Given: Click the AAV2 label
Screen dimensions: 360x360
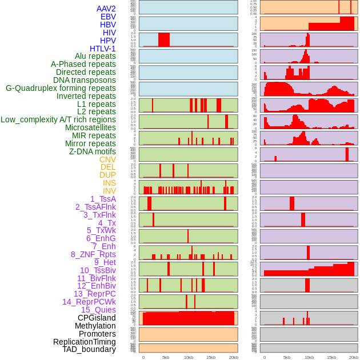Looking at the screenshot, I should coord(106,9).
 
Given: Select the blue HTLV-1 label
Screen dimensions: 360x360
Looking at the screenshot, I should coord(103,49).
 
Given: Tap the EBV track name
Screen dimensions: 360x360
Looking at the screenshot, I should coord(108,17).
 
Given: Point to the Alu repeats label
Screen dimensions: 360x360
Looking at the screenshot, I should coord(95,56).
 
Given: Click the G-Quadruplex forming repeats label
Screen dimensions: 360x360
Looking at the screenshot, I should coord(61,88).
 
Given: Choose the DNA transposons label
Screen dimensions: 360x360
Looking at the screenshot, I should coord(85,80).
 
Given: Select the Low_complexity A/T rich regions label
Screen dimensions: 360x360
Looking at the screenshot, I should coord(58,119).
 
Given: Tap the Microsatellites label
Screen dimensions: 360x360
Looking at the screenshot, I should coord(90,127).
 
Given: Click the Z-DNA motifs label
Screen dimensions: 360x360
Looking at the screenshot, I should coord(93,151).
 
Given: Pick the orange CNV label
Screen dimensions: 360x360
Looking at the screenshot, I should coord(107,159).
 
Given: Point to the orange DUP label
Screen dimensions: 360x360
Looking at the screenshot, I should coord(107,175).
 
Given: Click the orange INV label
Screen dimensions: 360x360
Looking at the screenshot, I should coord(109,191).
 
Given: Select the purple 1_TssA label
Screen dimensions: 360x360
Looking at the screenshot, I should coord(103,199).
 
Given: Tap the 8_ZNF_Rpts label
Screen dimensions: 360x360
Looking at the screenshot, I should coord(93,254).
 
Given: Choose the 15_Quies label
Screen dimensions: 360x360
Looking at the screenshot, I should coord(98,310).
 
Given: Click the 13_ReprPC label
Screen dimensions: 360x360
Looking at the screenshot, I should coord(94,294).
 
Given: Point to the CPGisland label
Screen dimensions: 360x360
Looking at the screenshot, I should coord(97,318).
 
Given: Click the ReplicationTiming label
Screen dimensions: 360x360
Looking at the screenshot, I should coord(85,342).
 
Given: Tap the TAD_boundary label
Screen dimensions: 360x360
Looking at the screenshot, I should coord(89,349).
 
